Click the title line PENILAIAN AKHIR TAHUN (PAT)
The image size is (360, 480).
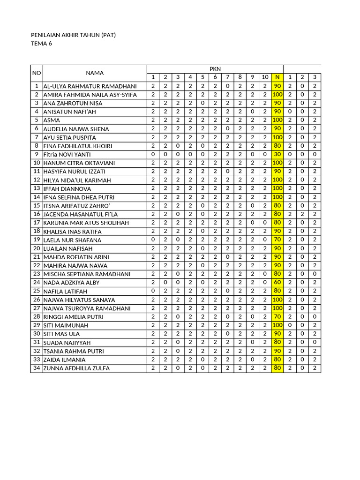pyautogui.click(x=73, y=35)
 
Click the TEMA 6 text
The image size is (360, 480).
pyautogui.click(x=41, y=44)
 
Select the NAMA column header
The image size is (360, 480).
pyautogui.click(x=95, y=73)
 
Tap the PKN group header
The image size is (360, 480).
pyautogui.click(x=215, y=69)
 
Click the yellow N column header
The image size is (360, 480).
pyautogui.click(x=277, y=77)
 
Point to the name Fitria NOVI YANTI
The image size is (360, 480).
pyautogui.click(x=67, y=155)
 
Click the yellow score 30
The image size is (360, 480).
pyautogui.click(x=277, y=154)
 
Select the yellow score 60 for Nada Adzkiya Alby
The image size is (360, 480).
pyautogui.click(x=277, y=283)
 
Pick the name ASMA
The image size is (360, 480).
pyautogui.click(x=52, y=120)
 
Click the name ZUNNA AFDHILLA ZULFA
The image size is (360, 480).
pyautogui.click(x=76, y=368)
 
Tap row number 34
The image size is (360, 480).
pyautogui.click(x=36, y=368)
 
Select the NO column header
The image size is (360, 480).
pyautogui.click(x=37, y=73)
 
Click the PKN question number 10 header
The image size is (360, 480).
pyautogui.click(x=265, y=77)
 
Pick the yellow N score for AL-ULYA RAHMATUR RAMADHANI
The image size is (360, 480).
pyautogui.click(x=277, y=86)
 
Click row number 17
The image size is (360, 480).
pyautogui.click(x=36, y=223)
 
